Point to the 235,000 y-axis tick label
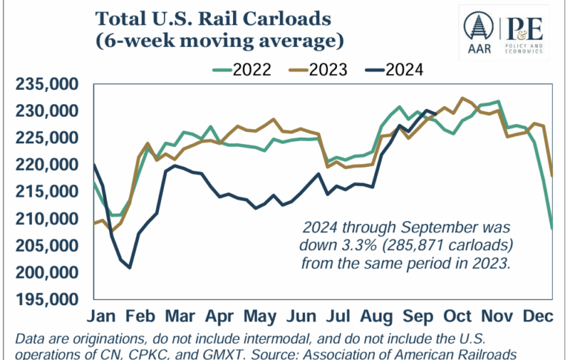[x=47, y=85]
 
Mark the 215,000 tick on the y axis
[x=47, y=192]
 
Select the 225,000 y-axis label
[x=47, y=138]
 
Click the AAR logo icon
[x=480, y=32]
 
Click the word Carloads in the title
[x=290, y=17]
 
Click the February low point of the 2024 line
[x=130, y=267]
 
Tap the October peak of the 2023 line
[x=462, y=98]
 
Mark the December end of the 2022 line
[x=552, y=228]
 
